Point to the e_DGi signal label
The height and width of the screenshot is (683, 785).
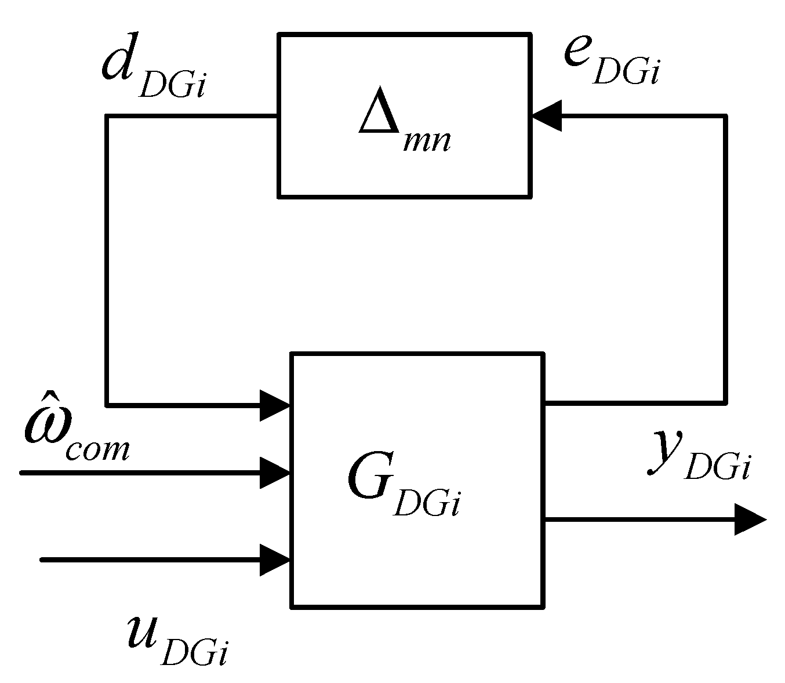tap(612, 61)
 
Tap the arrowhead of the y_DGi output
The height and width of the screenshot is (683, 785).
tap(750, 519)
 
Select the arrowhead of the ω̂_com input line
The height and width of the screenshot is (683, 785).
tap(275, 473)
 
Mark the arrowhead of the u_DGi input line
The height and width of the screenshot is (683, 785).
tap(275, 560)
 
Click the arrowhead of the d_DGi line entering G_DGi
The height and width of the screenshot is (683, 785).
tap(275, 405)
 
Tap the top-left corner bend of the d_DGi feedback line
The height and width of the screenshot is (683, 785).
tap(107, 117)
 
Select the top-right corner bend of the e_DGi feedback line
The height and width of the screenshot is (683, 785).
tap(725, 117)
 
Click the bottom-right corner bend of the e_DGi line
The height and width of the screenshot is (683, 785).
tap(725, 401)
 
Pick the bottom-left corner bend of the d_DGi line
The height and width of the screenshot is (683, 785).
tap(107, 404)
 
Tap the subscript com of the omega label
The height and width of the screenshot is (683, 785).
tap(97, 449)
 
